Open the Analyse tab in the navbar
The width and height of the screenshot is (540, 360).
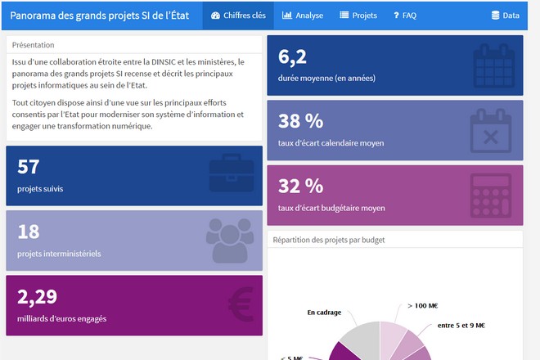(x=303, y=16)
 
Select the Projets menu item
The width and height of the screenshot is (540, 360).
(x=358, y=16)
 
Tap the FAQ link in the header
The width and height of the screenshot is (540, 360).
(x=405, y=16)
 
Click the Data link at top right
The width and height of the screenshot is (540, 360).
(x=505, y=16)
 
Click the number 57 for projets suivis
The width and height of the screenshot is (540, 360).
(x=29, y=167)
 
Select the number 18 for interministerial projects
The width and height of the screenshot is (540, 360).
(x=29, y=232)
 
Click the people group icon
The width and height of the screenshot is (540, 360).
(x=230, y=240)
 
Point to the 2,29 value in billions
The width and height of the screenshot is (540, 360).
(x=37, y=296)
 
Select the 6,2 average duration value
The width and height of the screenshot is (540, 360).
(x=292, y=56)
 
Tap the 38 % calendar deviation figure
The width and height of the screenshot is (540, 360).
(x=300, y=121)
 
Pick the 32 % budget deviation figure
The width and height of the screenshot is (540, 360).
(x=300, y=186)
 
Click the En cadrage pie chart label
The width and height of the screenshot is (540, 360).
(x=324, y=312)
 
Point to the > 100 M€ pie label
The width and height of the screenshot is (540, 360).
(x=422, y=306)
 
